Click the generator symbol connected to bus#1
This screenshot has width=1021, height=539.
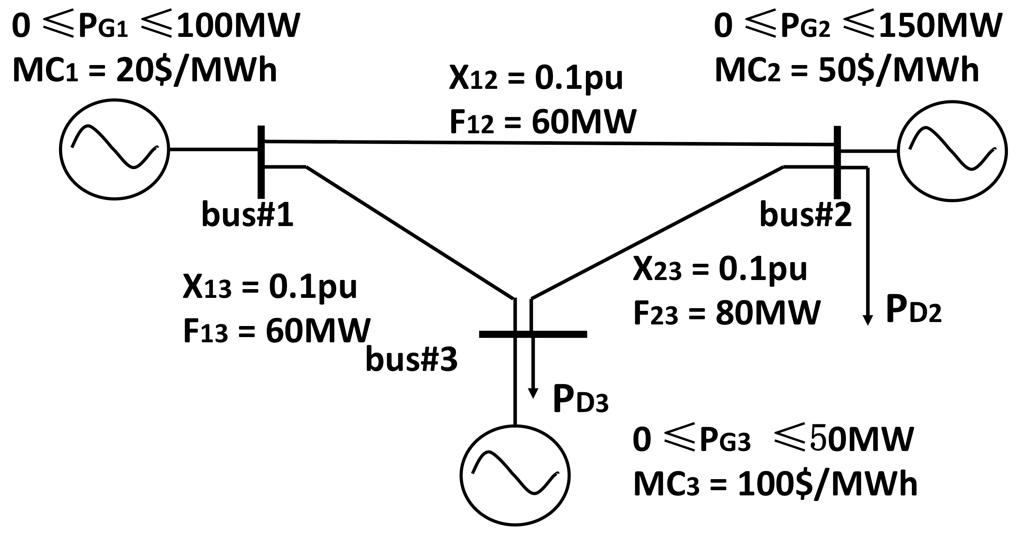(x=114, y=150)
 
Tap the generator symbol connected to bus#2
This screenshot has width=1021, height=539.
(x=952, y=151)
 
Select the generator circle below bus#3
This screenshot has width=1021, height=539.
(x=515, y=475)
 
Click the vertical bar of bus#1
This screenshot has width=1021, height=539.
(x=261, y=161)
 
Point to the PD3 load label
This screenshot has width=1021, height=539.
(x=581, y=401)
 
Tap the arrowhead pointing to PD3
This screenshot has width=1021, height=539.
(x=533, y=404)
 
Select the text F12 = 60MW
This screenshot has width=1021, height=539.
(x=542, y=122)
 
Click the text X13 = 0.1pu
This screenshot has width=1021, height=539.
(x=270, y=287)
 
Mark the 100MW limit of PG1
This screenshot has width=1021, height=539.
(x=237, y=26)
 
